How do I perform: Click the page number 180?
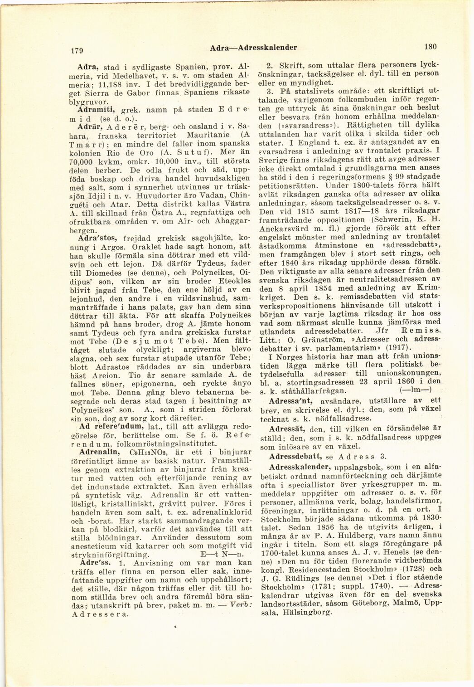pyautogui.click(x=430, y=46)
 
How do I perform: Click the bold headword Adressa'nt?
pyautogui.click(x=290, y=401)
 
